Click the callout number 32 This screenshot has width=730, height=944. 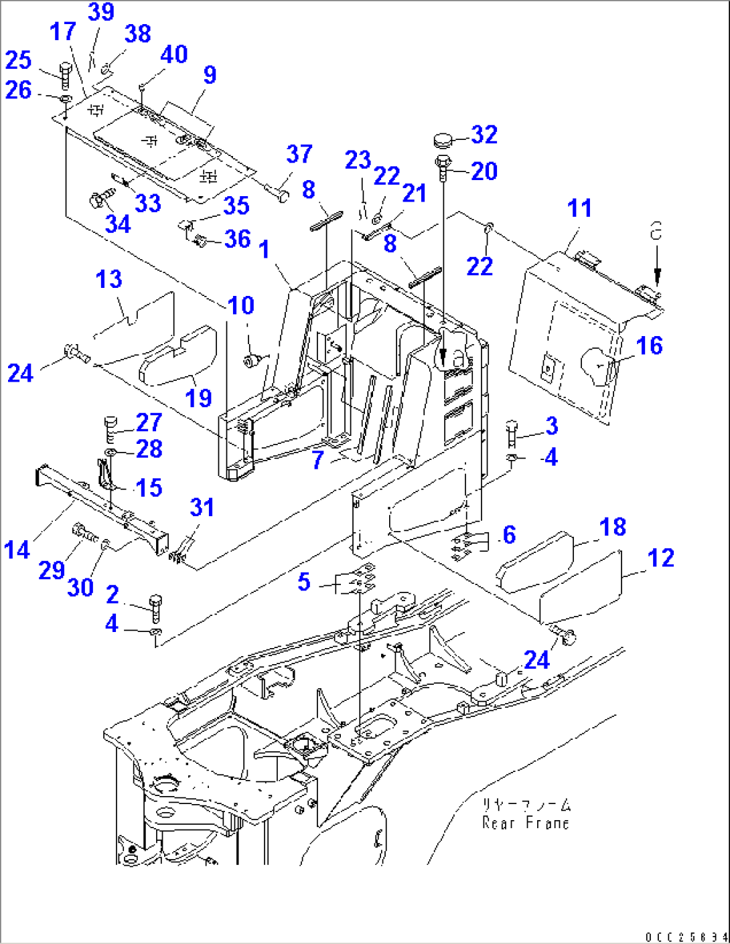pos(484,135)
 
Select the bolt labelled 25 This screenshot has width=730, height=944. pos(64,76)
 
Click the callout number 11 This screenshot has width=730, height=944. pos(579,208)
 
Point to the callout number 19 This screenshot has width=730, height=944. pos(198,398)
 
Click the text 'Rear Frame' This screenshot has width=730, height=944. pos(526,823)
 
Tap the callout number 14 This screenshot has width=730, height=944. pos(17,550)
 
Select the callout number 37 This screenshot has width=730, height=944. pos(299,154)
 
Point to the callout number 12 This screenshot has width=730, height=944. pos(661,558)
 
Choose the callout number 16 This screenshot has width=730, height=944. pos(649,345)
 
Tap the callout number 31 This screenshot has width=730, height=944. pos(202,507)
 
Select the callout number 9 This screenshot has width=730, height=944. pos(210,74)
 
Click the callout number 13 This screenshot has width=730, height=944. pos(109,279)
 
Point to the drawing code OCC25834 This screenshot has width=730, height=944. pos(687,937)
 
